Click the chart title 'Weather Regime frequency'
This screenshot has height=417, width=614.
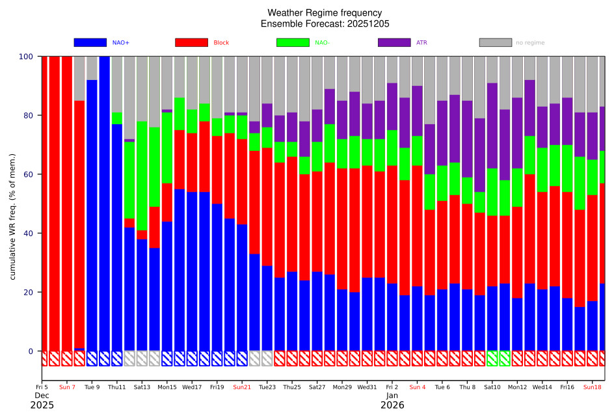[325, 13]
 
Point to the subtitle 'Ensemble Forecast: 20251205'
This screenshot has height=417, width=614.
[325, 23]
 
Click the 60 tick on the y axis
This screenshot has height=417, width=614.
[30, 174]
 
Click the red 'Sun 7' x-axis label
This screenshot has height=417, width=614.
[67, 387]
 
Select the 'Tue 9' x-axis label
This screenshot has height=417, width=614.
[92, 387]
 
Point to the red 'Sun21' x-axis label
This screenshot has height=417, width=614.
[242, 387]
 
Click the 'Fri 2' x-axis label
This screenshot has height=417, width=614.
[392, 387]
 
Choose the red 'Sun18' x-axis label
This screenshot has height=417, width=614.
[593, 387]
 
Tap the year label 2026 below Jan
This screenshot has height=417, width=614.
[392, 405]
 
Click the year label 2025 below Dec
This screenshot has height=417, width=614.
[42, 405]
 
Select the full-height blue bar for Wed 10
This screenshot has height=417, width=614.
[105, 204]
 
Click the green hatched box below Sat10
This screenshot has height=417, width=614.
[492, 358]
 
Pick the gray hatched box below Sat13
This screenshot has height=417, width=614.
[142, 358]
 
